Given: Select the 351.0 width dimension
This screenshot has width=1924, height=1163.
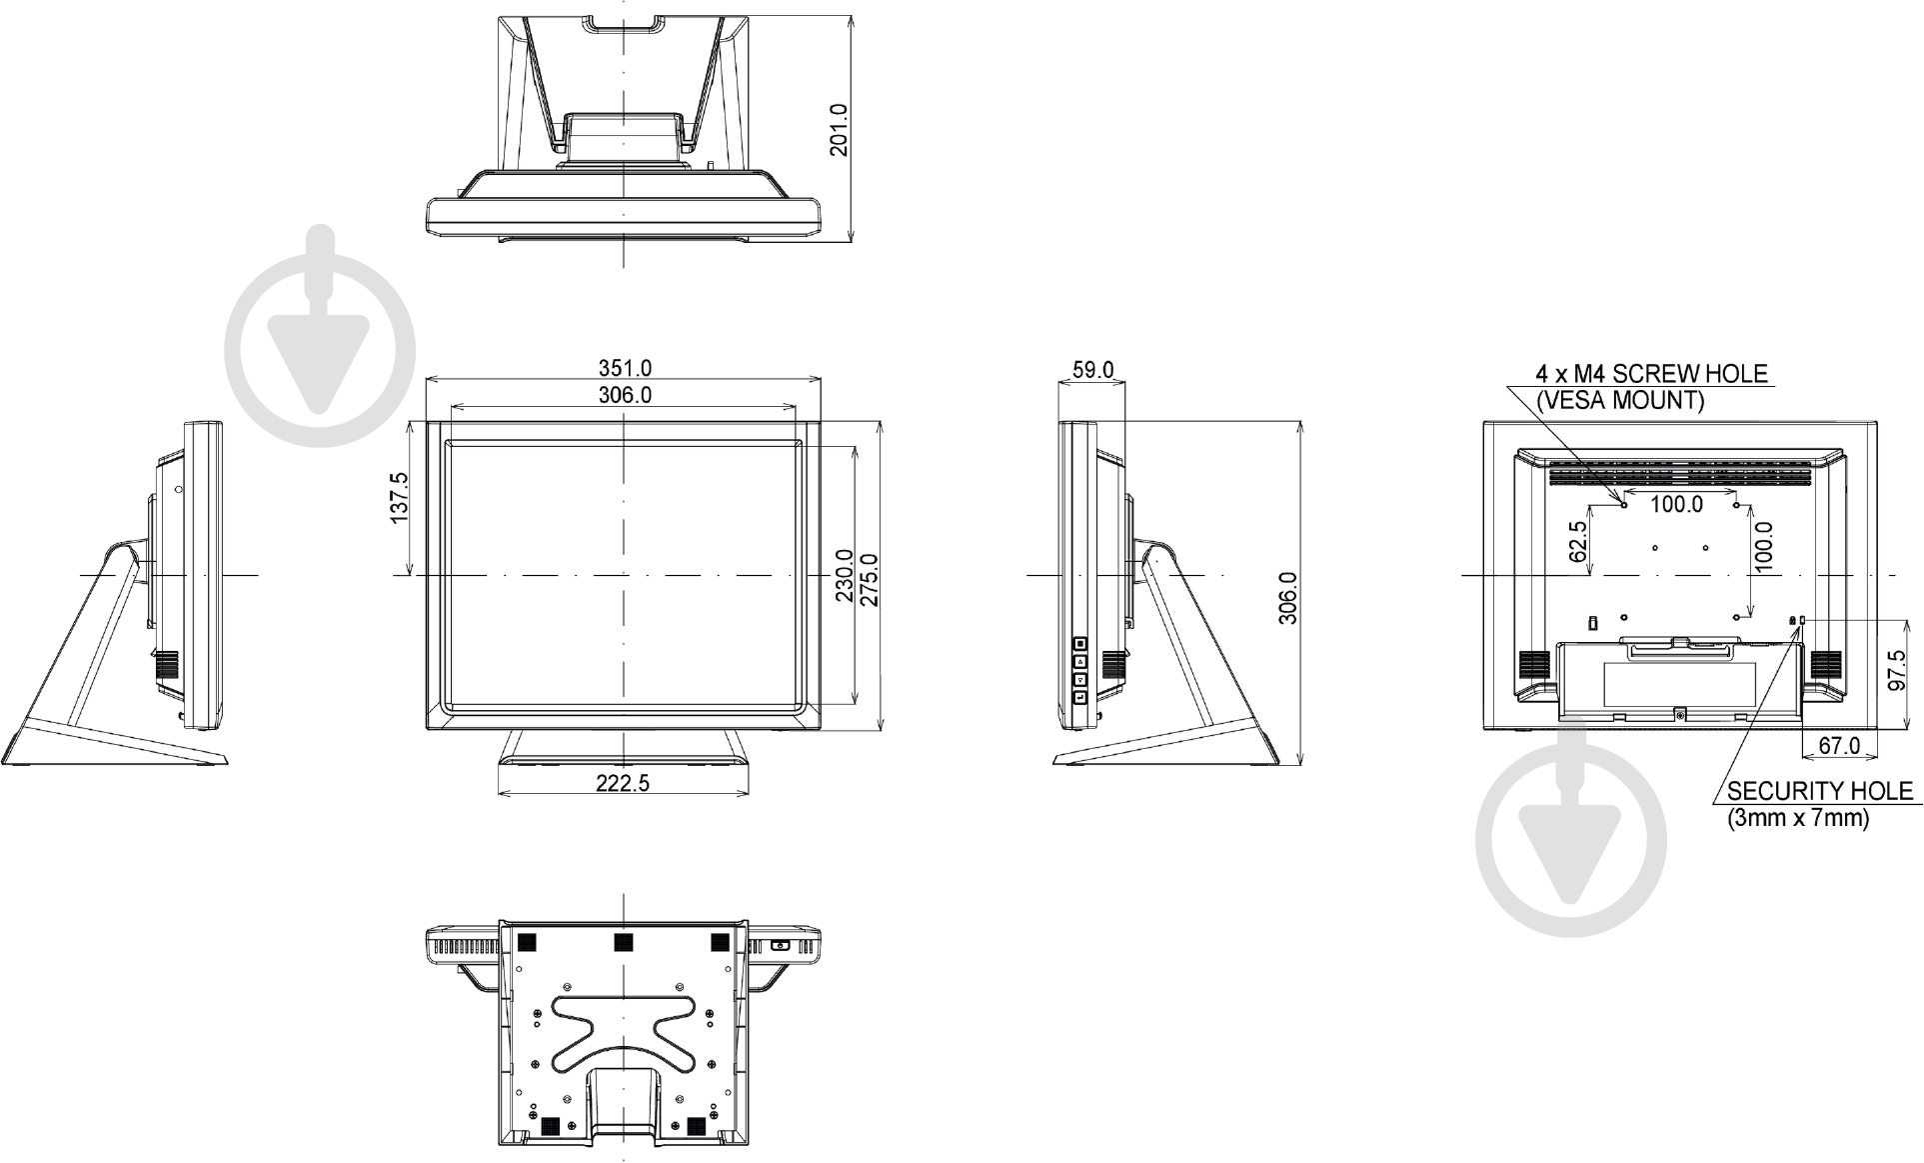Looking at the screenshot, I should tap(625, 369).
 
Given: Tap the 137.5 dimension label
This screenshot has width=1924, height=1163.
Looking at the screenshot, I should tap(399, 498).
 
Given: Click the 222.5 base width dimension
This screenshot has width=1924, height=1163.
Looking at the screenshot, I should tap(623, 783).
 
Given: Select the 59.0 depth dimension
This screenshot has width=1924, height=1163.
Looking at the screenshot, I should tap(1092, 369).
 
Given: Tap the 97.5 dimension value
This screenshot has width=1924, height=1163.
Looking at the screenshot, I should tap(1896, 670).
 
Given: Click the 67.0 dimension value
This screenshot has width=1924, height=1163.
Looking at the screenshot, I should tap(1839, 745).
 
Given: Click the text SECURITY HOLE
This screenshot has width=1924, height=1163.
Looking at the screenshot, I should tap(1819, 791).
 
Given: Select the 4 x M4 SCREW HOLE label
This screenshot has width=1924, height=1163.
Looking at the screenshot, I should tap(1651, 374).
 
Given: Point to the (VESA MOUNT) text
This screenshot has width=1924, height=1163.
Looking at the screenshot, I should tap(1619, 400).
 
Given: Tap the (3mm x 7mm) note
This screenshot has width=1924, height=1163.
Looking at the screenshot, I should tap(1798, 818).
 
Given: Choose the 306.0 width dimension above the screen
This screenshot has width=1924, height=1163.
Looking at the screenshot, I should tap(625, 395).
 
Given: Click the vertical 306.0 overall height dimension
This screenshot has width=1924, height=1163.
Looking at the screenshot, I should tap(1288, 598).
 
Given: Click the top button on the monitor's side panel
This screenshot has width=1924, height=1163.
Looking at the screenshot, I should tap(1081, 644).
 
